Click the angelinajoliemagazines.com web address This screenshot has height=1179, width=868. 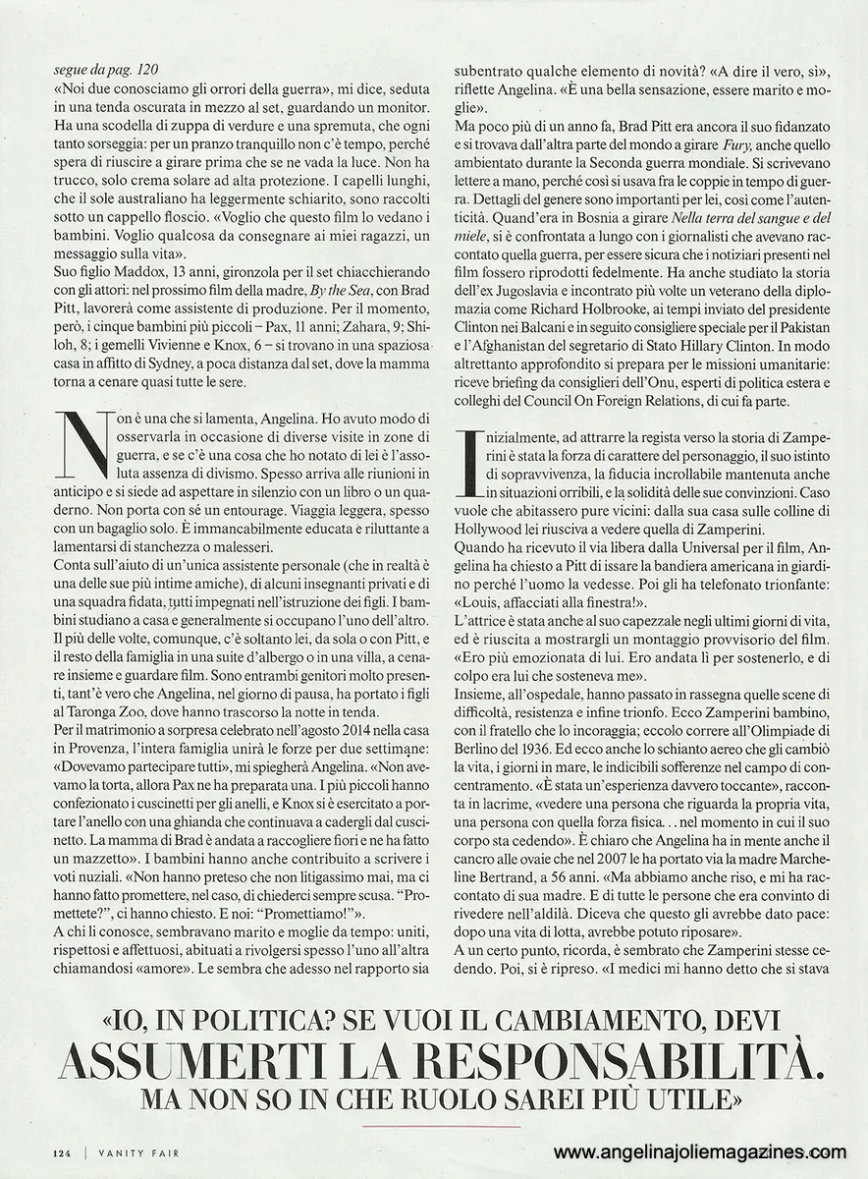point(699,1151)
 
